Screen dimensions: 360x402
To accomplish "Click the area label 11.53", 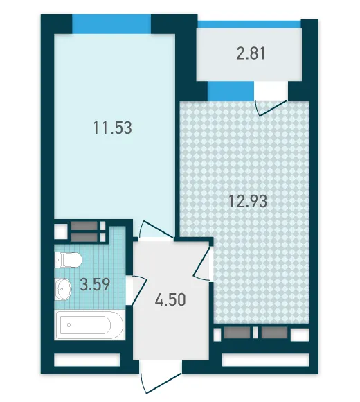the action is click(x=113, y=128).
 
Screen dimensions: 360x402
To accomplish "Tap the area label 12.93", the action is click(x=248, y=201).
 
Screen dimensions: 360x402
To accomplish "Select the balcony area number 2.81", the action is click(x=251, y=53).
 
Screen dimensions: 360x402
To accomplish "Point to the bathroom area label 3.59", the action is click(x=95, y=284).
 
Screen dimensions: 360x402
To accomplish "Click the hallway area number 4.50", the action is click(x=170, y=299).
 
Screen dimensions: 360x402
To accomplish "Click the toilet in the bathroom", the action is click(x=68, y=260).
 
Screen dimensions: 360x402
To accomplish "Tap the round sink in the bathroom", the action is click(x=63, y=289).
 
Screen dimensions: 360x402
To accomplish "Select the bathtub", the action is click(x=89, y=325).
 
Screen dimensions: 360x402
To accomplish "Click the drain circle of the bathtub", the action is click(x=69, y=325).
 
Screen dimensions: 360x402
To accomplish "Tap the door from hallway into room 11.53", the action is click(x=155, y=229).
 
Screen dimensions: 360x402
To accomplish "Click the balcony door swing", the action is click(x=271, y=107).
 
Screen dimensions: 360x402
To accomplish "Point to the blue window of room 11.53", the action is click(x=111, y=24).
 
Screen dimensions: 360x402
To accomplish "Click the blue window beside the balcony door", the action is click(x=231, y=91).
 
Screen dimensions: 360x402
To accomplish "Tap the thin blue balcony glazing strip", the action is click(x=249, y=24).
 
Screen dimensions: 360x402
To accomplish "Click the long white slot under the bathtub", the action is click(x=87, y=360).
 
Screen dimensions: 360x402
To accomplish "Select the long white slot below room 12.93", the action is click(x=266, y=360).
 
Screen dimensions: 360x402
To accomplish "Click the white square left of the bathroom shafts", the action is click(x=61, y=231).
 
